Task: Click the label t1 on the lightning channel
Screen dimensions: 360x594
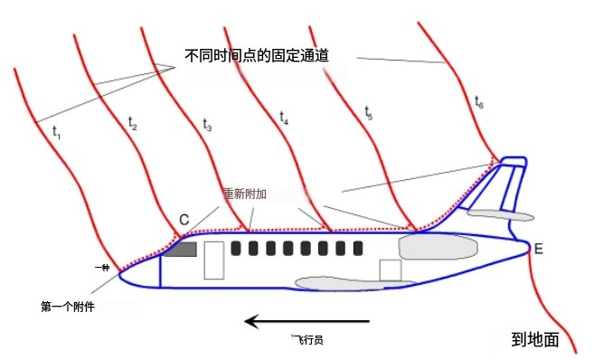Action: tap(56, 132)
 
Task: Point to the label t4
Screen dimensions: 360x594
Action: tap(285, 118)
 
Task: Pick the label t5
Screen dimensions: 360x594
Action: tap(369, 112)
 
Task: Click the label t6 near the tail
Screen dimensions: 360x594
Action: tap(479, 103)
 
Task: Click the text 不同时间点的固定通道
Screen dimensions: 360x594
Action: tap(256, 55)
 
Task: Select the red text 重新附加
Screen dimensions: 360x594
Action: tap(247, 194)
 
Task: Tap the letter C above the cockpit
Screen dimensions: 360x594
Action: tap(184, 220)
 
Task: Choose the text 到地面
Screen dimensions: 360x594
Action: tap(535, 340)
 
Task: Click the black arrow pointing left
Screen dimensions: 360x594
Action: tap(307, 320)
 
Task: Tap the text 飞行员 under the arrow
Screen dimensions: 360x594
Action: tap(307, 340)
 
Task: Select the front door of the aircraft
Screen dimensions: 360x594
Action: tap(214, 260)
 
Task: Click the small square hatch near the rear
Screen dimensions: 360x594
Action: tap(390, 270)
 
